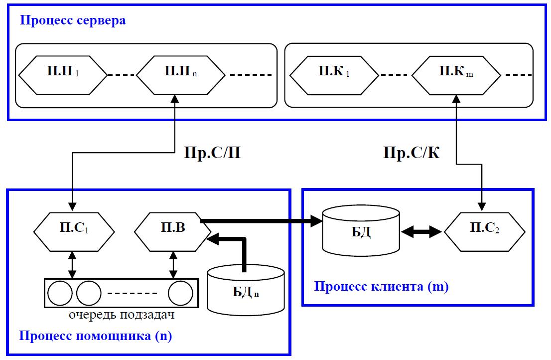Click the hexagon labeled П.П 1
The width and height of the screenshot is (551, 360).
pyautogui.click(x=63, y=75)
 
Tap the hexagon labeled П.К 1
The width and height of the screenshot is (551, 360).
pyautogui.click(x=333, y=75)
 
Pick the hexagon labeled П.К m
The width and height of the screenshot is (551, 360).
pyautogui.click(x=456, y=75)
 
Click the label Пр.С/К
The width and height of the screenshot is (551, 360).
pyautogui.click(x=412, y=152)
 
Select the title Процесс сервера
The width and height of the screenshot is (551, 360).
pyautogui.click(x=72, y=21)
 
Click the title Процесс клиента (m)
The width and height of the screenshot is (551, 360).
pyautogui.click(x=381, y=287)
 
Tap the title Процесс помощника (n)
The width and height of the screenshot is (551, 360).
pyautogui.click(x=96, y=336)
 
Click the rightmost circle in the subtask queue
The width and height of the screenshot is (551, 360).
pyautogui.click(x=180, y=293)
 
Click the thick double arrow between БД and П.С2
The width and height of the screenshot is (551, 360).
pyautogui.click(x=422, y=231)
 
